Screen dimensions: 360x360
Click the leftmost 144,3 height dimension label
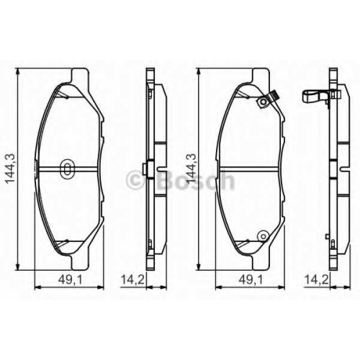pos(10,168)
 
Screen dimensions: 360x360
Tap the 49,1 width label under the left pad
pos(70,279)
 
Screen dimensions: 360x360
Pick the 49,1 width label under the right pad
pos(251,279)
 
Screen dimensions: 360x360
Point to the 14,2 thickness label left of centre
pos(132,279)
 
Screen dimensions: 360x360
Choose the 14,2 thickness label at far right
pos(316,279)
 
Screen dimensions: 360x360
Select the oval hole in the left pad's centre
pos(68,168)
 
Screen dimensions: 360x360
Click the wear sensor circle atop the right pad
pos(264,102)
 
